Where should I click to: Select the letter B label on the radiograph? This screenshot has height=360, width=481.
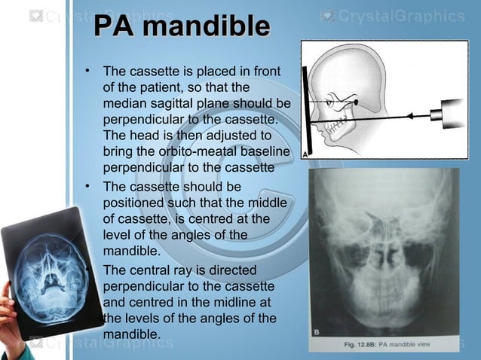(x=317, y=330)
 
